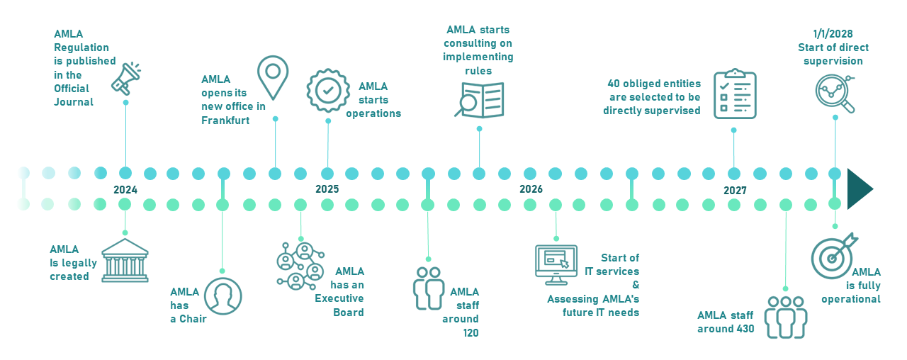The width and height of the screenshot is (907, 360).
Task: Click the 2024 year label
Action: coord(125,189)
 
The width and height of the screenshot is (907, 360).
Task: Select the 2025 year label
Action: coord(327,189)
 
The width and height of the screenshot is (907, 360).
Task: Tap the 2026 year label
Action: coord(531,189)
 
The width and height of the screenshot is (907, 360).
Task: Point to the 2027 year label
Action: coord(735,191)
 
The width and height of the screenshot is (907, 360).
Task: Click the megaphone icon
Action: coord(125,78)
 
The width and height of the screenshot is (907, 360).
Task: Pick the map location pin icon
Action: coord(273,77)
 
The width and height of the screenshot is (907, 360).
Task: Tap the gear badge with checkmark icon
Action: coord(327,90)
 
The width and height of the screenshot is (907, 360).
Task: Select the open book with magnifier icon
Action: coord(479,99)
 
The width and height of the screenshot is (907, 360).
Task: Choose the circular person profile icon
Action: coord(223,296)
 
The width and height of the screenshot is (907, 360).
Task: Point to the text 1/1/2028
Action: coord(833,34)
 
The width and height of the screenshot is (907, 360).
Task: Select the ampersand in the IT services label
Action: coord(636,285)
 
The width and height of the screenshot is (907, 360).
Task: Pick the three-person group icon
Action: coord(786,316)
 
